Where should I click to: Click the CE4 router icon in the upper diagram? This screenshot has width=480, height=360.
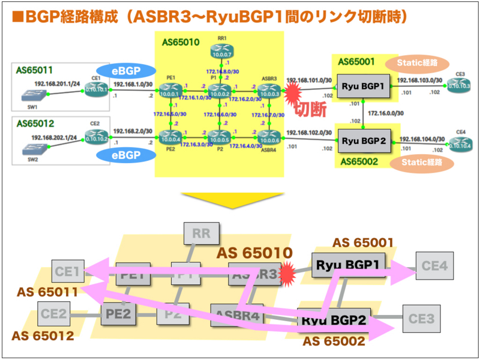click(460, 142)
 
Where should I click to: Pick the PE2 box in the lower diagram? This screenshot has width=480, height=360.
click(118, 313)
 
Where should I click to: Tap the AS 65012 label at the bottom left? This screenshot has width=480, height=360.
click(42, 335)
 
